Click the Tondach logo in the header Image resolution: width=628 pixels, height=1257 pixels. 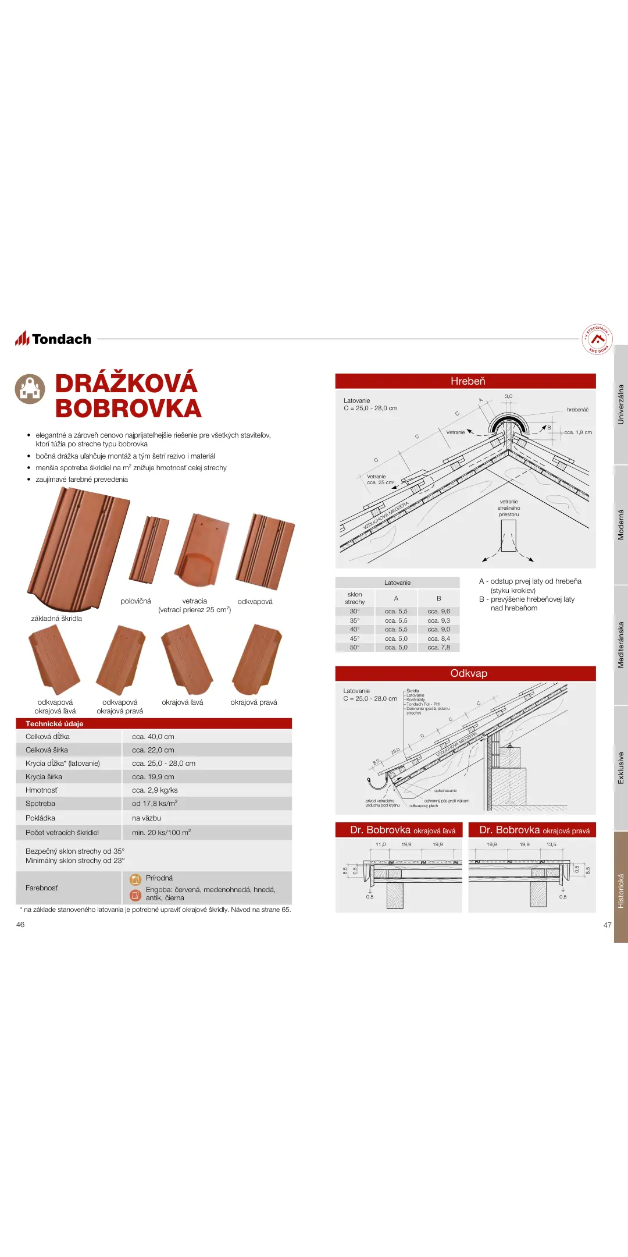click(x=53, y=339)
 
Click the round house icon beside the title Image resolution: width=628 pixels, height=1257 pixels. click(x=30, y=389)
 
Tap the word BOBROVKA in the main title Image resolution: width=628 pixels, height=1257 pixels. click(x=128, y=409)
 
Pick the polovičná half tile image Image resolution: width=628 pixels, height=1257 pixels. click(x=149, y=550)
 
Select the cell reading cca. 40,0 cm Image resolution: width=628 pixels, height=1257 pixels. click(x=153, y=736)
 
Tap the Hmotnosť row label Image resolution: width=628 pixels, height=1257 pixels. click(x=41, y=790)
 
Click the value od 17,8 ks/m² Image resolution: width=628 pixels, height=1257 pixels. click(x=154, y=803)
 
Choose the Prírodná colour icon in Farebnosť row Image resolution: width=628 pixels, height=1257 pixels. click(x=135, y=879)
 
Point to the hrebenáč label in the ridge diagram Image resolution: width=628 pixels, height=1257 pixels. click(x=577, y=410)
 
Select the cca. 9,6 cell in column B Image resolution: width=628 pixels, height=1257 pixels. click(x=438, y=611)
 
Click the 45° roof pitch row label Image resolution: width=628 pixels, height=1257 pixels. click(x=355, y=638)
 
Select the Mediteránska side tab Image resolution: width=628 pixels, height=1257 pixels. click(x=620, y=645)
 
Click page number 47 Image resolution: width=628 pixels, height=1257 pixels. click(x=607, y=925)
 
